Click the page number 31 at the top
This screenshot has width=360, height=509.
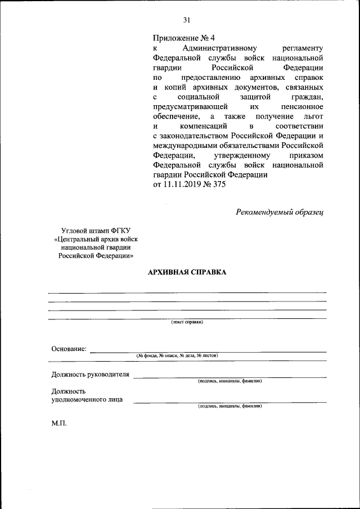(x=186, y=20)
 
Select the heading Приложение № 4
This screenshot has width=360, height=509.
(x=184, y=38)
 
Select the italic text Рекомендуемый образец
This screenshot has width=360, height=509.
(x=280, y=211)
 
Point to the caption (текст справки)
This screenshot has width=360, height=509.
(x=187, y=322)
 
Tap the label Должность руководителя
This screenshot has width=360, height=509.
(x=90, y=374)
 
